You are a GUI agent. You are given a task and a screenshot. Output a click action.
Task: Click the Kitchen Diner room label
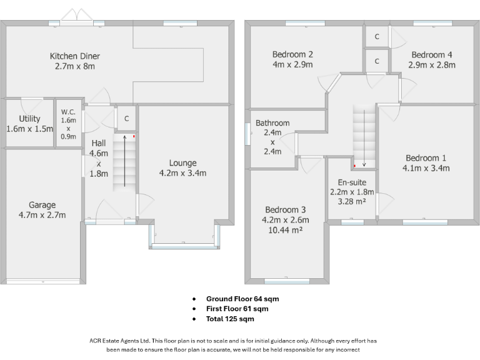74,56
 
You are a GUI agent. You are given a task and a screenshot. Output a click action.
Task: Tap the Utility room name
29,119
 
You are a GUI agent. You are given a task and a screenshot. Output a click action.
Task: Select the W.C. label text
68,112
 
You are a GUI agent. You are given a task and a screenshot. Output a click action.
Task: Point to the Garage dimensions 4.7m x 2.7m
42,215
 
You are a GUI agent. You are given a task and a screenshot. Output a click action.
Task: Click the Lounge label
182,163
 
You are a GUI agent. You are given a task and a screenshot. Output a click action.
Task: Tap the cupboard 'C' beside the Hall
126,119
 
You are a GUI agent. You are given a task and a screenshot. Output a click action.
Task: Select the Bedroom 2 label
292,54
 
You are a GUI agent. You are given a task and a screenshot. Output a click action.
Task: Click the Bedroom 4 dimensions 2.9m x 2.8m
432,64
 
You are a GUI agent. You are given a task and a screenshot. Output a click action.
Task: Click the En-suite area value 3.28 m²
352,202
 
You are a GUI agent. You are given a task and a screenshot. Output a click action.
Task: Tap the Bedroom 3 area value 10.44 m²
286,229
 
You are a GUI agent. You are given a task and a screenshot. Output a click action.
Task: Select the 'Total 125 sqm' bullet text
230,319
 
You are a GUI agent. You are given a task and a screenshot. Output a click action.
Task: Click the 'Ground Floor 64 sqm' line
242,299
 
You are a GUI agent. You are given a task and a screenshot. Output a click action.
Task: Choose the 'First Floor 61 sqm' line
237,309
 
